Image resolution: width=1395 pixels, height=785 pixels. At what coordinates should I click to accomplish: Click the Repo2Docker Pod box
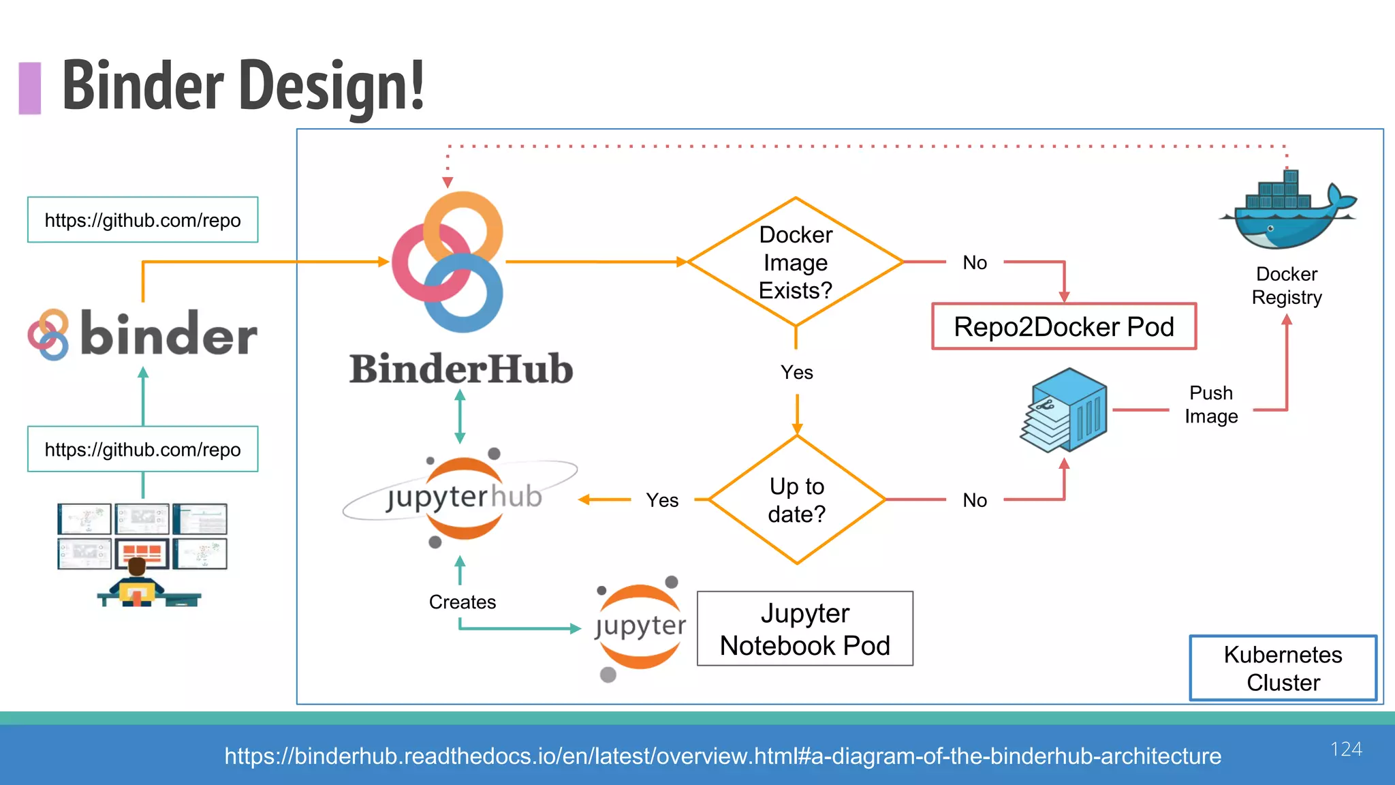[1063, 327]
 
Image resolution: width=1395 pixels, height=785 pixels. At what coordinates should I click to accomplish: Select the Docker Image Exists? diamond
[796, 262]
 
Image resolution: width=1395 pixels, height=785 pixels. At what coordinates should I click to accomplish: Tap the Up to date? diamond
[796, 500]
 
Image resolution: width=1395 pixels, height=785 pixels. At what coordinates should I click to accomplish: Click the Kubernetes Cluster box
[1283, 668]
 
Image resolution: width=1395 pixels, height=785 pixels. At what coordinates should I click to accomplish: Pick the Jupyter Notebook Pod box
[804, 629]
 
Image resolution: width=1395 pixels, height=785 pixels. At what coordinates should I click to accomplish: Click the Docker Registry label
[1287, 286]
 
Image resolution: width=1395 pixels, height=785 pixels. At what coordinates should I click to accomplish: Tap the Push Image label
[1211, 405]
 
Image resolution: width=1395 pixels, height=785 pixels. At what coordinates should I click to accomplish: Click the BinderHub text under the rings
[461, 369]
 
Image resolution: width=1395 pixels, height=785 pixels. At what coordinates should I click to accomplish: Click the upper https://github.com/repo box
[142, 220]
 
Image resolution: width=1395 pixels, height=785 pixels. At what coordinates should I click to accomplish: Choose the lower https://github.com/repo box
[142, 450]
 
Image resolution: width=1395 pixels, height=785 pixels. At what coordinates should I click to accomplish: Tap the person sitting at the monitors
[138, 583]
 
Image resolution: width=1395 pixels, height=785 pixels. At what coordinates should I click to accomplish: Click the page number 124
[1346, 749]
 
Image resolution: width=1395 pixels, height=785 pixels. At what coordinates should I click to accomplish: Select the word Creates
[463, 602]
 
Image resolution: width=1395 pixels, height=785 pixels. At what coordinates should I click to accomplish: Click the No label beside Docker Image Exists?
[975, 263]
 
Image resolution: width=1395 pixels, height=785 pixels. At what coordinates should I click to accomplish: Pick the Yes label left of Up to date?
[662, 501]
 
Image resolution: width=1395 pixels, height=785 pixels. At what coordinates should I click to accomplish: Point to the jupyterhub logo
[463, 497]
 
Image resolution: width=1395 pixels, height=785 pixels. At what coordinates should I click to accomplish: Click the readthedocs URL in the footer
[723, 756]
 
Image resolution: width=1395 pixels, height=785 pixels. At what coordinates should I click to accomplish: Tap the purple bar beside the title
[30, 88]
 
